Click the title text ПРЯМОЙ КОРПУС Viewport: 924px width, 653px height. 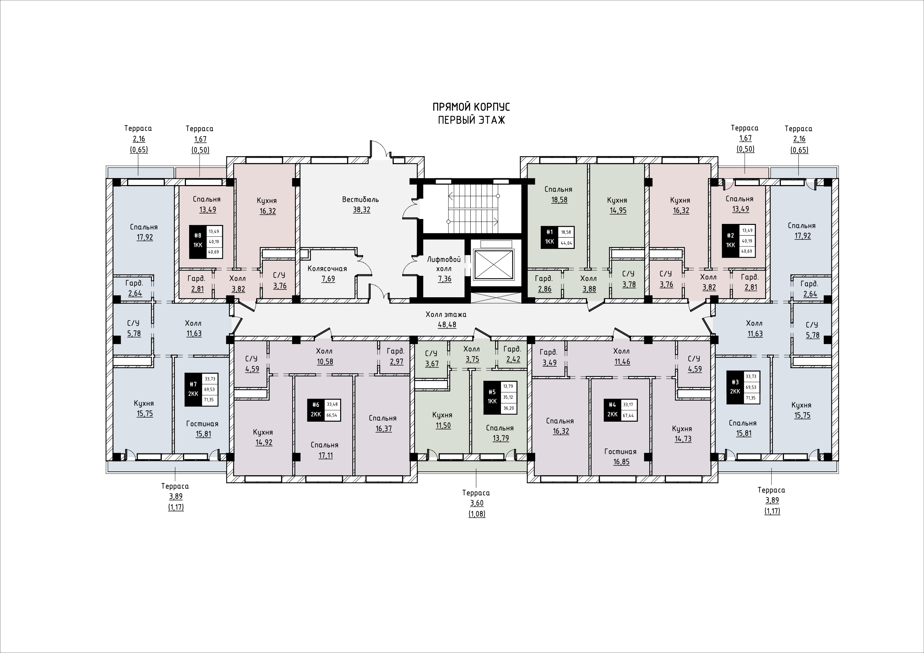click(471, 107)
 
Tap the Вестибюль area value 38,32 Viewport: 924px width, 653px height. click(361, 210)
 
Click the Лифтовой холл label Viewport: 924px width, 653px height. click(444, 264)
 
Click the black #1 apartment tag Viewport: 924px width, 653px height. click(549, 237)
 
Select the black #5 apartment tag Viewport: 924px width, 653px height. click(492, 397)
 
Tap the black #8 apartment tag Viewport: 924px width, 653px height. click(198, 242)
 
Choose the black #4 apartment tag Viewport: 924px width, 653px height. click(612, 410)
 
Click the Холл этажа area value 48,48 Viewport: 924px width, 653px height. click(447, 325)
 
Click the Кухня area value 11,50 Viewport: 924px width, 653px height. click(443, 426)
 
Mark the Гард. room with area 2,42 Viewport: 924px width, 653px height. click(512, 354)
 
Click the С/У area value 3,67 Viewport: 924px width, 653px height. click(431, 364)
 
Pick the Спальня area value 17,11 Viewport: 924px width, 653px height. click(325, 456)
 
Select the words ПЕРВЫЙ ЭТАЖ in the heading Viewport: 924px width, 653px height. click(471, 120)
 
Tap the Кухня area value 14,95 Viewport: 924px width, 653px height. click(618, 210)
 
